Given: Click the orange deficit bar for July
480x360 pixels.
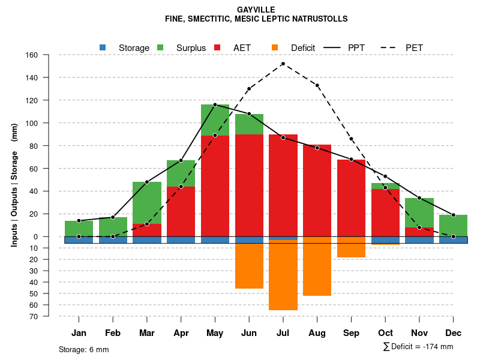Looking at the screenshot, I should pyautogui.click(x=283, y=276).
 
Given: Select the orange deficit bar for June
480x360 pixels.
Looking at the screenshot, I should pyautogui.click(x=249, y=266).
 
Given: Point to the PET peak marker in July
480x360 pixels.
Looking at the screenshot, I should pyautogui.click(x=283, y=64).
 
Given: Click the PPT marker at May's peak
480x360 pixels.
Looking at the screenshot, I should pyautogui.click(x=215, y=105).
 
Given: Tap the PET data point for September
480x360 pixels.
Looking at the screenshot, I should pyautogui.click(x=351, y=139).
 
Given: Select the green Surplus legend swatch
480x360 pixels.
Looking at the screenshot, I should pyautogui.click(x=160, y=47).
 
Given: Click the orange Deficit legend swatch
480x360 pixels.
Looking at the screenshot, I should pyautogui.click(x=275, y=47).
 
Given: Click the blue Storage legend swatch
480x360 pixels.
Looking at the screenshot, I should pyautogui.click(x=103, y=47).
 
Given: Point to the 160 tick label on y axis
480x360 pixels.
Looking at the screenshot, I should pyautogui.click(x=32, y=55).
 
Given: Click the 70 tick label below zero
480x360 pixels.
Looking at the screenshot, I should pyautogui.click(x=34, y=316).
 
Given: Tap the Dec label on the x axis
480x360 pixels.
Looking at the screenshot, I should pyautogui.click(x=453, y=333).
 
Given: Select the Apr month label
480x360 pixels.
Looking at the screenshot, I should pyautogui.click(x=181, y=333).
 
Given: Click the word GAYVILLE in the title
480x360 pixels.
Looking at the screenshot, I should pyautogui.click(x=256, y=10).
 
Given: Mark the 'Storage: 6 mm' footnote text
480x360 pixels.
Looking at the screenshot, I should pyautogui.click(x=83, y=349).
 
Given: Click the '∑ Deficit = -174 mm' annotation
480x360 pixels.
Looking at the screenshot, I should pyautogui.click(x=418, y=347).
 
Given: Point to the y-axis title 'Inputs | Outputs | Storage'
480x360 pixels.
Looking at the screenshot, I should pyautogui.click(x=14, y=186).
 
